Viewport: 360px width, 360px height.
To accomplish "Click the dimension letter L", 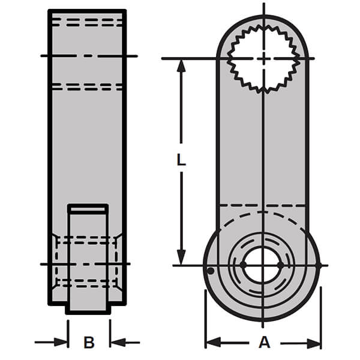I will [182, 161].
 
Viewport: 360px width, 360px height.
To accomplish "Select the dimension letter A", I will [263, 343].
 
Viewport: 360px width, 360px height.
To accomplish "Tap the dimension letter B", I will [89, 343].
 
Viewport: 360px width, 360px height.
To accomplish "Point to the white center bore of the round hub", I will [262, 265].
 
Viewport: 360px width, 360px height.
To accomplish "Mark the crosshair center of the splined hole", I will [263, 58].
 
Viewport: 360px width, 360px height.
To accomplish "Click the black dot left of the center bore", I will [243, 265].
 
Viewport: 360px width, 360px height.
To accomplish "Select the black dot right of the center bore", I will [280, 265].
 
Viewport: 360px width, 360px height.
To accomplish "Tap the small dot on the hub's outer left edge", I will [210, 271].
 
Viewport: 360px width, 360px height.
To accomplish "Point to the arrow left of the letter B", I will [61, 343].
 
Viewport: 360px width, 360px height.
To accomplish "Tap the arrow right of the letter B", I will [117, 343].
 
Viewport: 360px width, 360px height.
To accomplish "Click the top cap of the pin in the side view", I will [88, 208].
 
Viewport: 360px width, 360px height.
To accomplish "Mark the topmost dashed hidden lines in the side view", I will [87, 22].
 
